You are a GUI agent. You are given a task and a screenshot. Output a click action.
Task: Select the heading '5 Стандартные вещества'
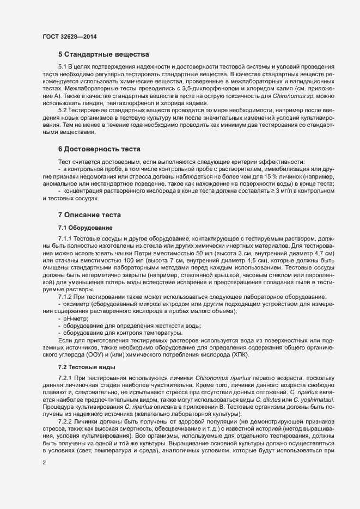[x=103, y=55]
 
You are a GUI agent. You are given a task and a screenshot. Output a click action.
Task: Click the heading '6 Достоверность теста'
[x=99, y=149]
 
